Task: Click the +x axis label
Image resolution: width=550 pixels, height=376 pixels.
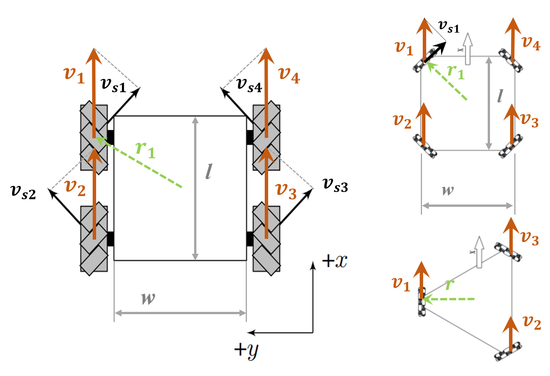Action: pyautogui.click(x=335, y=261)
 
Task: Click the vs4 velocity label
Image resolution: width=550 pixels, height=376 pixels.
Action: pyautogui.click(x=249, y=85)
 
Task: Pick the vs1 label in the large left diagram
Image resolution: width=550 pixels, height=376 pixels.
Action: pyautogui.click(x=114, y=85)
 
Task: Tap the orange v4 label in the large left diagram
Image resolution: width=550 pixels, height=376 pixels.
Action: pyautogui.click(x=289, y=74)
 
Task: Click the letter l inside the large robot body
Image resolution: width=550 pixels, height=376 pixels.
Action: pyautogui.click(x=209, y=171)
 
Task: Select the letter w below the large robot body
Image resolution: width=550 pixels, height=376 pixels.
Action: pyautogui.click(x=148, y=298)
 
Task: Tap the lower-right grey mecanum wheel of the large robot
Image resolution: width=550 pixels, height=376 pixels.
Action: pyautogui.click(x=266, y=239)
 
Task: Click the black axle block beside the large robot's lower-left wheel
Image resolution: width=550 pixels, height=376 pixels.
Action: pyautogui.click(x=111, y=239)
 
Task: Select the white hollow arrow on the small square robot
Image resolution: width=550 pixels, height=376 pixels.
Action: pyautogui.click(x=468, y=49)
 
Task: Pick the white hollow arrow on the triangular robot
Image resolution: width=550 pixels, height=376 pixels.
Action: pyautogui.click(x=479, y=252)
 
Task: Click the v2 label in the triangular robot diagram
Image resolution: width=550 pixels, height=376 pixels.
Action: pyautogui.click(x=532, y=323)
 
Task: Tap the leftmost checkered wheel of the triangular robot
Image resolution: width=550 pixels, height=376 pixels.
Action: pyautogui.click(x=422, y=302)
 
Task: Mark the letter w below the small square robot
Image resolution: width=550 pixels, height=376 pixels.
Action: pyautogui.click(x=448, y=190)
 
